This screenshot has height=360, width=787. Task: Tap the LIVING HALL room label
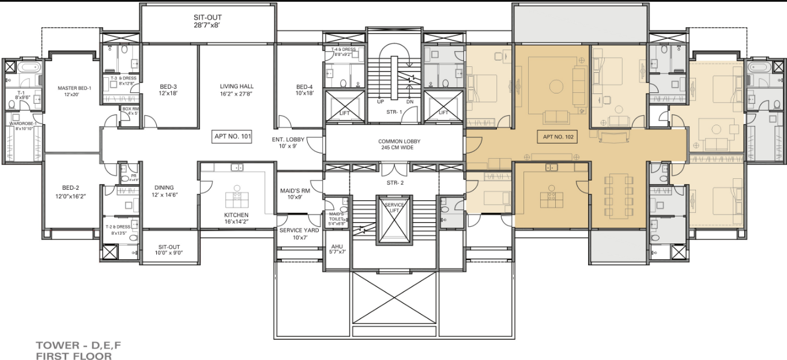coord(236,87)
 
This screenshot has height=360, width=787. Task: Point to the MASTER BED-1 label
coord(74,88)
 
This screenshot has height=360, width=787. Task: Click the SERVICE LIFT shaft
coord(394,219)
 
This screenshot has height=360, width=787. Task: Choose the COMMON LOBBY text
coord(399,141)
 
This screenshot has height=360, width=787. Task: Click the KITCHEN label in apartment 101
coord(236,215)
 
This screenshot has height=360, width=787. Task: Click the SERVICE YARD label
coord(299,231)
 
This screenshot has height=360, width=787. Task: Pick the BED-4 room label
coord(304,87)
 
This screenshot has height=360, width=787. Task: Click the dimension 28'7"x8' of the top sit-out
coord(208,26)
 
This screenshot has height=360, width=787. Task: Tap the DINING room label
coord(164,187)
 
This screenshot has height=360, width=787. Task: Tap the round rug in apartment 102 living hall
coord(556,87)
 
